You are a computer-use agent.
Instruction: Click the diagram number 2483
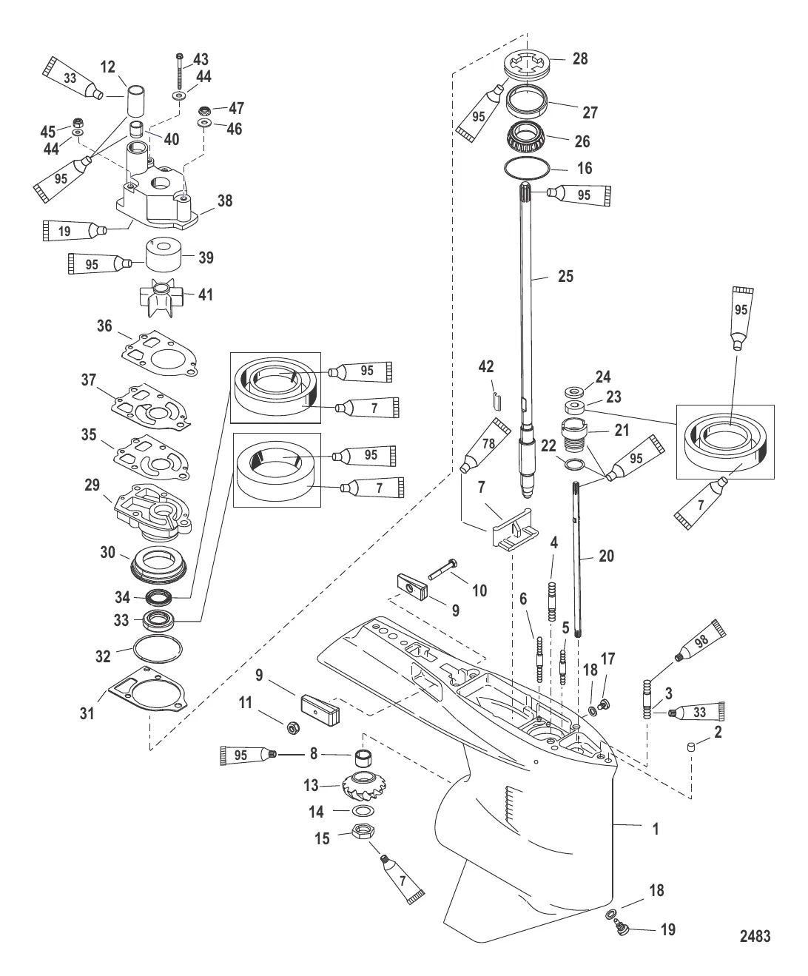(x=755, y=937)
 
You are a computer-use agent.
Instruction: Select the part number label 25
(x=565, y=276)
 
